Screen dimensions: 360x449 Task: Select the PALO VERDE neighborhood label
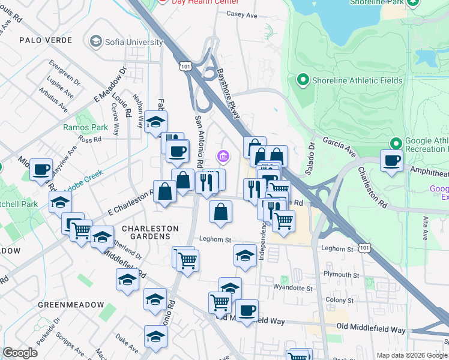46,40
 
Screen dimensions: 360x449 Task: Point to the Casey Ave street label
241,15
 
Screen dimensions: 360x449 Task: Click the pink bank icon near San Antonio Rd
223,157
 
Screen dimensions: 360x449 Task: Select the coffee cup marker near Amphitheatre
392,161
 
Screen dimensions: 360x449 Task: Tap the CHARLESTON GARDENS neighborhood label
150,232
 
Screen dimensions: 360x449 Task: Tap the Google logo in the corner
20,353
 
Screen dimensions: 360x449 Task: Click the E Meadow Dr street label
108,86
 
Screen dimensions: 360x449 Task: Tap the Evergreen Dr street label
65,71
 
